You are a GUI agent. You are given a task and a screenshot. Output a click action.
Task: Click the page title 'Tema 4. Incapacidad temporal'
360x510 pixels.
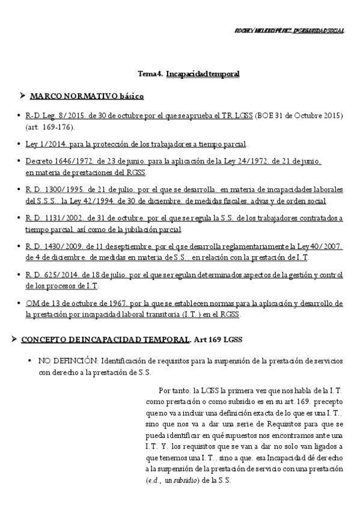tap(189, 73)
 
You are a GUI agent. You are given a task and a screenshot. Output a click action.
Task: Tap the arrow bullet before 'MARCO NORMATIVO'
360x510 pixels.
tap(22, 96)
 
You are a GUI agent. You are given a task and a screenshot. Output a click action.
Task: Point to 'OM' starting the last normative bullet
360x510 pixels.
tap(32, 303)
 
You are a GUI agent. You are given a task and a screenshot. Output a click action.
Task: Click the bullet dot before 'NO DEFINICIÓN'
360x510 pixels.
tap(29, 361)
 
